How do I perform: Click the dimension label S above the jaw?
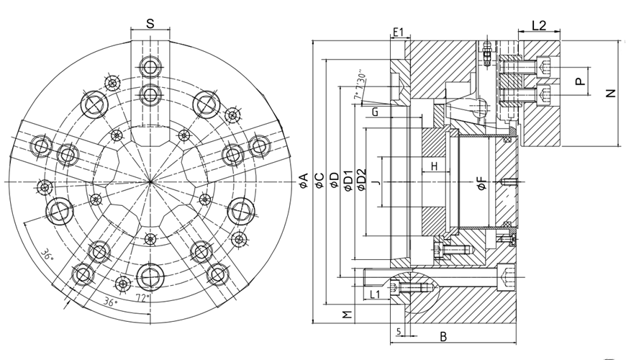tap(150, 23)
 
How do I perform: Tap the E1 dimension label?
tap(400, 32)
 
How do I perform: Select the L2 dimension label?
tap(538, 25)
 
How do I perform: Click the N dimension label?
tap(611, 93)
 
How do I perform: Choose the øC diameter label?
tap(319, 180)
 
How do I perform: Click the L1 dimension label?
tap(373, 295)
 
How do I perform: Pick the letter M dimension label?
tap(347, 315)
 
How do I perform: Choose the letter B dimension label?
tap(443, 336)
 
